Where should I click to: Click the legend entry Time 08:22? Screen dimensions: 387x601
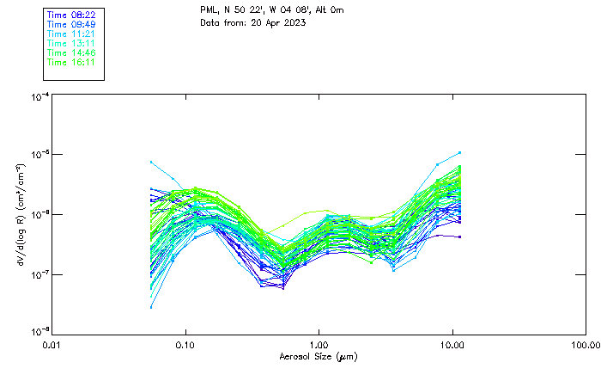pyautogui.click(x=71, y=15)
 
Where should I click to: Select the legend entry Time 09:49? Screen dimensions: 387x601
pyautogui.click(x=71, y=24)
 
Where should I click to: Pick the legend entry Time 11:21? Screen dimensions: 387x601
pyautogui.click(x=71, y=34)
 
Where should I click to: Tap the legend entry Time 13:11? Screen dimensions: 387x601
pyautogui.click(x=71, y=43)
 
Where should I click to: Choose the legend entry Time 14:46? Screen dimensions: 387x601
pyautogui.click(x=71, y=52)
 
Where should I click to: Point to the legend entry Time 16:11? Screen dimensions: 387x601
pyautogui.click(x=71, y=62)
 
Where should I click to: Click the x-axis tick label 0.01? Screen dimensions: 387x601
pyautogui.click(x=52, y=345)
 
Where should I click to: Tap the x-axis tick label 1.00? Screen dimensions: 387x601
pyautogui.click(x=319, y=345)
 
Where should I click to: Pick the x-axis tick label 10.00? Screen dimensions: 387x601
pyautogui.click(x=452, y=345)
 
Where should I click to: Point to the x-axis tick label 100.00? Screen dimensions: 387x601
pyautogui.click(x=586, y=345)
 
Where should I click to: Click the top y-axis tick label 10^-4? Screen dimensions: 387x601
pyautogui.click(x=39, y=97)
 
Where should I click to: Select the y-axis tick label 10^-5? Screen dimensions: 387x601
pyautogui.click(x=39, y=154)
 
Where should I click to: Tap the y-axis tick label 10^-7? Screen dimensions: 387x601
pyautogui.click(x=39, y=274)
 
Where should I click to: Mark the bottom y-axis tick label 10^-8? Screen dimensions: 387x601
pyautogui.click(x=39, y=332)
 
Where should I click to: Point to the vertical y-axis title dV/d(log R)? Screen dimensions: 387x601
pyautogui.click(x=19, y=214)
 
